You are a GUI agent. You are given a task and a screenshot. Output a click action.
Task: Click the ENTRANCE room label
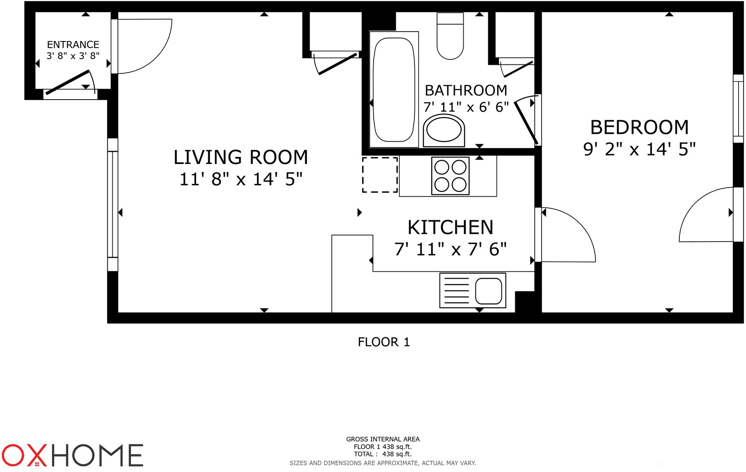point(73,45)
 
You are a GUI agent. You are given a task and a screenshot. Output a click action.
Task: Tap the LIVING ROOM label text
point(241,157)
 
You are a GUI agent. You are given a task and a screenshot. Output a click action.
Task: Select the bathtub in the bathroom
point(394,89)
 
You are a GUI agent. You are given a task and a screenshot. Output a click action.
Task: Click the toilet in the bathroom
point(450,36)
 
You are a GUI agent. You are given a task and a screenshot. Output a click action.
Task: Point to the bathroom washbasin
point(444,130)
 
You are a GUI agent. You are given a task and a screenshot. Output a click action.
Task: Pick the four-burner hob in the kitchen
point(450,176)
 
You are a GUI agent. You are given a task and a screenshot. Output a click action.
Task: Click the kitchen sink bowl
point(488,291)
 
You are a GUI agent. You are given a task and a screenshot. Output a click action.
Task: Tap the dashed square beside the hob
point(380,175)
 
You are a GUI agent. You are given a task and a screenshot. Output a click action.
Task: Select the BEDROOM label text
point(640,127)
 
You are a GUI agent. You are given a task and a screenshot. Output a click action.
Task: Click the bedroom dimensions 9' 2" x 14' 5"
point(640,149)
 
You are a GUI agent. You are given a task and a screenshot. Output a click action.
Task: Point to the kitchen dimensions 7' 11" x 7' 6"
point(450,249)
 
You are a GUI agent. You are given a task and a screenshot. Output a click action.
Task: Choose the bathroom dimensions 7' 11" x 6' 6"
point(466,107)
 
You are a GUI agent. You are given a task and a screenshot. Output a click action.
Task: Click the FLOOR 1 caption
point(384,342)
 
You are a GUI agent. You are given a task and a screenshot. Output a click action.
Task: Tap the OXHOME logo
point(73,455)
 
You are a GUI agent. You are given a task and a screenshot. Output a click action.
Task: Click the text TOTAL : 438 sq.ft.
point(383,454)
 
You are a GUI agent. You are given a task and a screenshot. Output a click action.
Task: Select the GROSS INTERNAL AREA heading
point(383,439)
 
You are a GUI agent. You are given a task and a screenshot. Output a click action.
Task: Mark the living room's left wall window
point(113,205)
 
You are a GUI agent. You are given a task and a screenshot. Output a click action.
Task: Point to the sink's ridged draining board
point(457,291)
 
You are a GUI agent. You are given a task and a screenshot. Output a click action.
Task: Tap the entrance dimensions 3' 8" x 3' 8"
point(73,56)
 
